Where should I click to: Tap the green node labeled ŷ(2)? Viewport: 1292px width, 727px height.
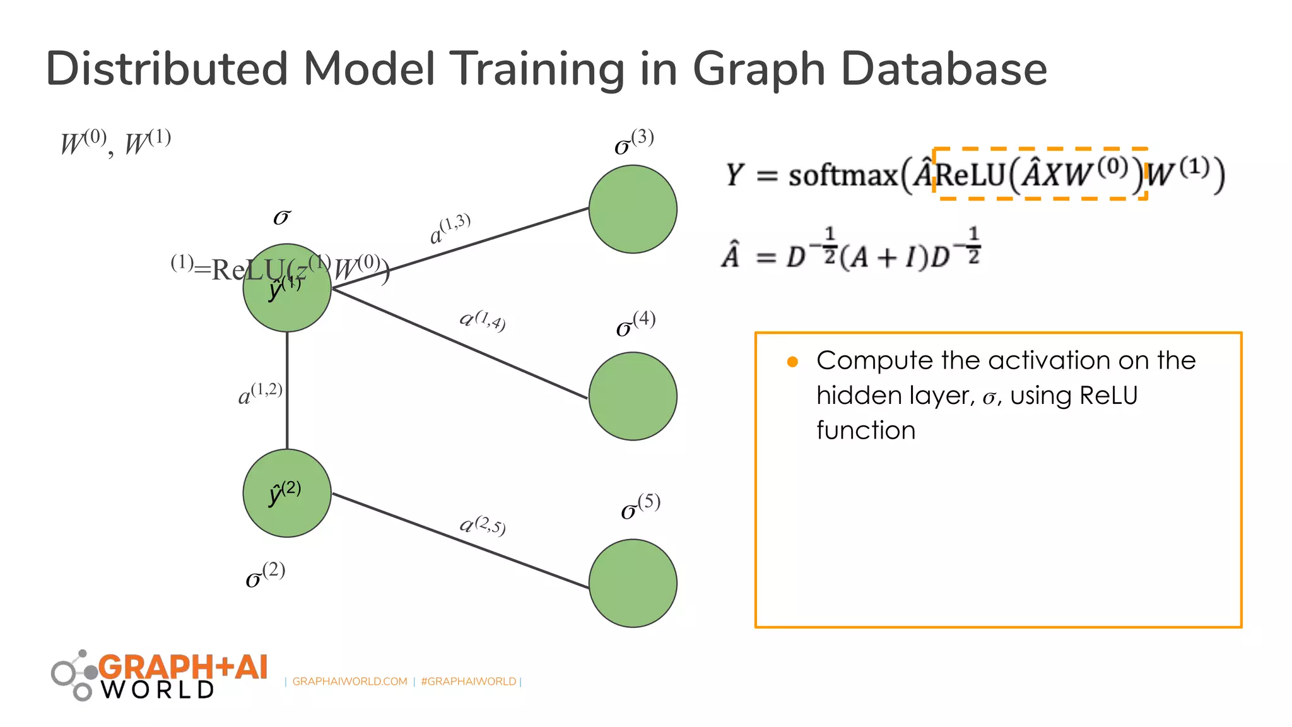287,493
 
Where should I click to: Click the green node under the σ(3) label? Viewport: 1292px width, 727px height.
633,209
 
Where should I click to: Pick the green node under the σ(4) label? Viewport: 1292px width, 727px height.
633,396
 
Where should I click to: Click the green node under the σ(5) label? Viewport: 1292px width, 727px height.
633,582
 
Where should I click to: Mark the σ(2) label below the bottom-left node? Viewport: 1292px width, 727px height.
265,575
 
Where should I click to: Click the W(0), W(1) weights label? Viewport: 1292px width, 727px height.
115,143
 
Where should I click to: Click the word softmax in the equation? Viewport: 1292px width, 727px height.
843,175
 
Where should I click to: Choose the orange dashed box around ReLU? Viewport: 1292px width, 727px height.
1040,150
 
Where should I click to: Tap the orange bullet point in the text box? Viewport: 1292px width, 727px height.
792,362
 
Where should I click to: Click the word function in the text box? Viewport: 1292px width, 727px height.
866,430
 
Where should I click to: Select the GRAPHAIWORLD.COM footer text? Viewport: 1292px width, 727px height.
349,682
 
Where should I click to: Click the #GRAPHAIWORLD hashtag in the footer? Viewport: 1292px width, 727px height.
468,682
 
